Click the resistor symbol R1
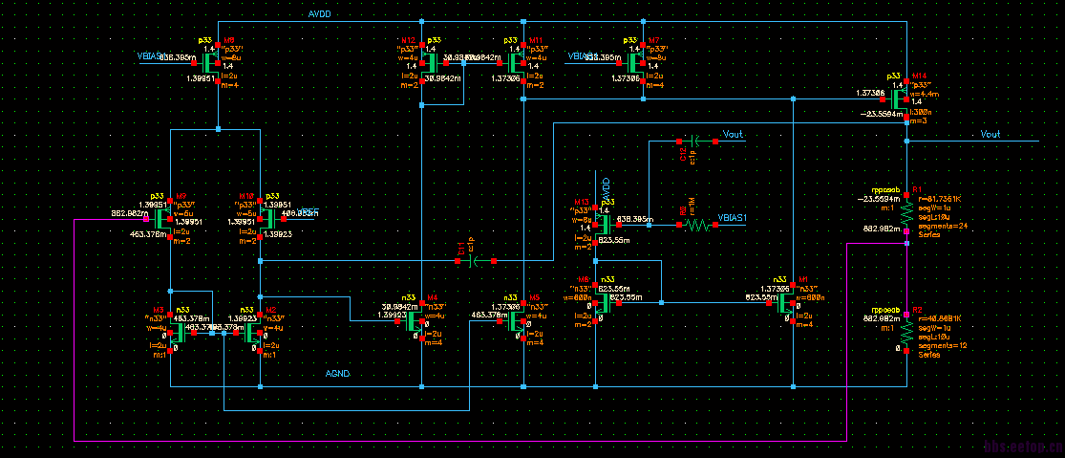(x=905, y=209)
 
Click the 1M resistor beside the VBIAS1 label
(x=696, y=226)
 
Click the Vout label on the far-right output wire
(x=990, y=135)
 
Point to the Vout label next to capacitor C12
(x=734, y=135)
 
